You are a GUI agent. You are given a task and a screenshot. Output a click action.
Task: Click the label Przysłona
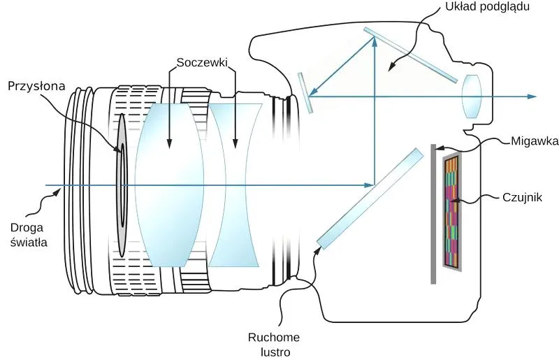click(36, 87)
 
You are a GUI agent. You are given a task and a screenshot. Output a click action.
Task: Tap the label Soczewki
click(202, 62)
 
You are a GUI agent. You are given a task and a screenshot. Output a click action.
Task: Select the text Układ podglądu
click(487, 7)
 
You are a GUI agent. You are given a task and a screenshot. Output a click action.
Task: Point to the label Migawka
click(535, 141)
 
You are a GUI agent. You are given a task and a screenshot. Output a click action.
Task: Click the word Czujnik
click(522, 197)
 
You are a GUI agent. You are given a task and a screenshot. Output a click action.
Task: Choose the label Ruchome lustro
click(274, 345)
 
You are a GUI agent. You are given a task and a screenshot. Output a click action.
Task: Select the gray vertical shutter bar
click(433, 214)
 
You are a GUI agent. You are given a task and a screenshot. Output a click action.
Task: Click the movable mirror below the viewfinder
click(370, 199)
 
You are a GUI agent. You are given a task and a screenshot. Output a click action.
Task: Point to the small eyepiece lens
click(471, 96)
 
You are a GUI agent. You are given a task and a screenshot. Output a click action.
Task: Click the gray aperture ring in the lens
click(122, 185)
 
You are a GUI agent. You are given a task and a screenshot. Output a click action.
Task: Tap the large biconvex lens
click(168, 185)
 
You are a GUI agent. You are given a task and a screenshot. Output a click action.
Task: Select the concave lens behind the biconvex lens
click(235, 185)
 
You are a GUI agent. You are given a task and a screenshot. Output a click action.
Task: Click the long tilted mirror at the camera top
click(410, 55)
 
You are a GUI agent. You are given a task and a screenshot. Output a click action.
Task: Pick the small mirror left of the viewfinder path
click(305, 93)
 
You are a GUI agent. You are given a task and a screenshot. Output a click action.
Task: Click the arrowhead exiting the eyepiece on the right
click(531, 96)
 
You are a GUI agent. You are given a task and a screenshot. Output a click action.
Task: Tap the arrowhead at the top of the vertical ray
click(375, 41)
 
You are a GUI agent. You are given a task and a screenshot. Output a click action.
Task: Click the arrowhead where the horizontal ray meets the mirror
click(369, 185)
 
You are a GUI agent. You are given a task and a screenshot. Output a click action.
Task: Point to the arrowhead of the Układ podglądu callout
click(392, 67)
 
